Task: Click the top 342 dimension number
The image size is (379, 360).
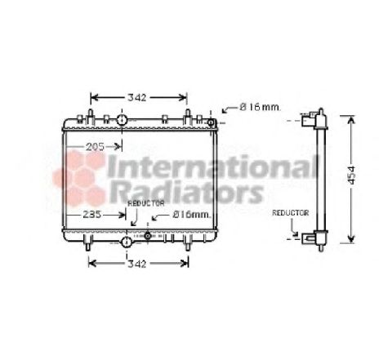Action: pyautogui.click(x=138, y=98)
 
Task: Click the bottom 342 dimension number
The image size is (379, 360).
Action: pyautogui.click(x=138, y=263)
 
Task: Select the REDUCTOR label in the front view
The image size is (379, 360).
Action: pyautogui.click(x=146, y=202)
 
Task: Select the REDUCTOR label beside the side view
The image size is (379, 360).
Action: pyautogui.click(x=290, y=212)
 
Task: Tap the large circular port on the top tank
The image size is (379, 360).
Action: pyautogui.click(x=122, y=121)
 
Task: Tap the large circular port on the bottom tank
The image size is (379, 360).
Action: pyautogui.click(x=127, y=242)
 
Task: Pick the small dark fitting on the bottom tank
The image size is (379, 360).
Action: pyautogui.click(x=147, y=237)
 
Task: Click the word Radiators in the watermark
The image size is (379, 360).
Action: pyautogui.click(x=184, y=193)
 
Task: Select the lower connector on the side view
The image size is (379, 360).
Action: pyautogui.click(x=309, y=238)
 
